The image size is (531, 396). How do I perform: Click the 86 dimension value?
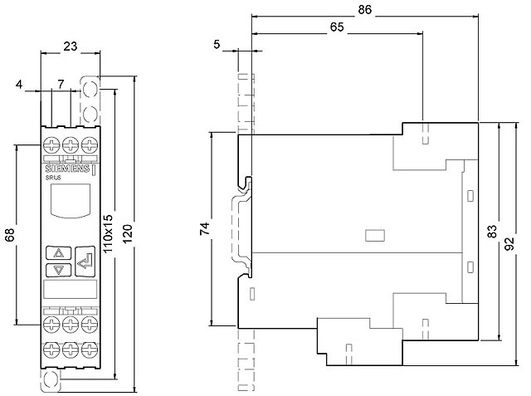[364, 10]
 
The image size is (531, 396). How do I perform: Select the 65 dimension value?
[337, 27]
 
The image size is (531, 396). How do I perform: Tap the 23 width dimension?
[70, 46]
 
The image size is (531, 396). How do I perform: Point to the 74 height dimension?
[205, 229]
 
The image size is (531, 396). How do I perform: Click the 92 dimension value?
[509, 243]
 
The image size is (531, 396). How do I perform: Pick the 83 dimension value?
[492, 232]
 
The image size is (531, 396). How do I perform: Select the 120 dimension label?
[127, 233]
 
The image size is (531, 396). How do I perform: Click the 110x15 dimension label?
[107, 234]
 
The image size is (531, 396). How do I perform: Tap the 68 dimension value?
[10, 235]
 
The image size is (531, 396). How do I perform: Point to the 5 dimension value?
[217, 44]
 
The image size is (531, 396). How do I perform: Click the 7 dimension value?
[61, 84]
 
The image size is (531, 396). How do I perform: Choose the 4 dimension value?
[19, 84]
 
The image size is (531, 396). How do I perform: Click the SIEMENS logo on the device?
[67, 169]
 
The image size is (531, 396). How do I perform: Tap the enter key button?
[85, 262]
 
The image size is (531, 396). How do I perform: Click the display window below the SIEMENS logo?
[71, 201]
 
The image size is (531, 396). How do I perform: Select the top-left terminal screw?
[51, 145]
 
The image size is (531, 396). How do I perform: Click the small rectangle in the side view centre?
[375, 236]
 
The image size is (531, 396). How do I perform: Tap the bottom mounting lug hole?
[51, 379]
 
